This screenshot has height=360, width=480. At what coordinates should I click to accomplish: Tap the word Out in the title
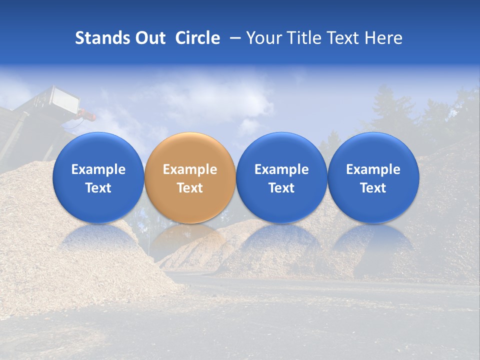pos(149,38)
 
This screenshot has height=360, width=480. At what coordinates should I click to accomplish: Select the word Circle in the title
pos(197,38)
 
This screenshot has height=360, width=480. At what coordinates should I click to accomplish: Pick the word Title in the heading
pos(304,38)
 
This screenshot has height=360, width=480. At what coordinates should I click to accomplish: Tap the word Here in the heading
pos(383,38)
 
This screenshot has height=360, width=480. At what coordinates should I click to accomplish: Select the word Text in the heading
pos(343,38)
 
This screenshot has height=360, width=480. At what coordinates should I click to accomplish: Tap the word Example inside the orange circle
pos(189,169)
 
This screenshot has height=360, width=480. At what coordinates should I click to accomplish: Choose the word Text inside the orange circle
pos(189,188)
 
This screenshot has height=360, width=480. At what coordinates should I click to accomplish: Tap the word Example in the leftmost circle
pos(98,169)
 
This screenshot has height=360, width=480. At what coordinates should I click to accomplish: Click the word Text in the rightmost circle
pos(373,188)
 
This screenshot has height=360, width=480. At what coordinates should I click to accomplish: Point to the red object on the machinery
pos(86,116)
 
